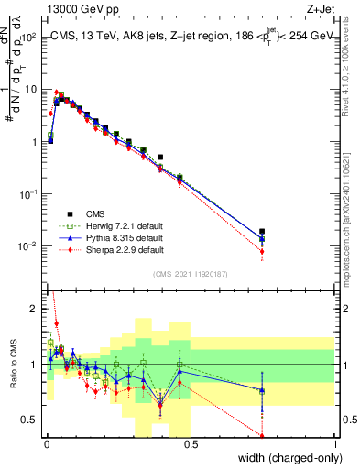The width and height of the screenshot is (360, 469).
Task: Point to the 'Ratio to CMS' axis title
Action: pyautogui.click(x=12, y=366)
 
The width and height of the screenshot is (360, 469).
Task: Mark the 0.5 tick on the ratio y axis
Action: pyautogui.click(x=31, y=420)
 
